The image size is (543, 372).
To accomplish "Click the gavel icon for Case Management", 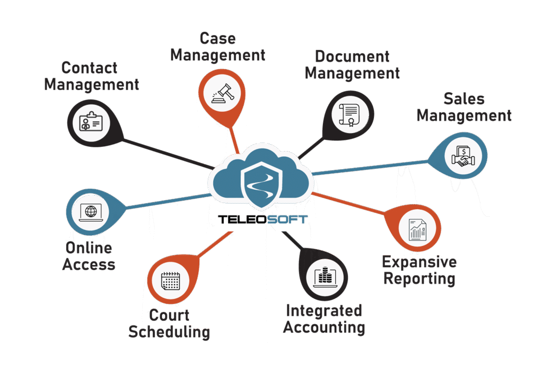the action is [222, 93].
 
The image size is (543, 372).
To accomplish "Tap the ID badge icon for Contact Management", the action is [91, 121].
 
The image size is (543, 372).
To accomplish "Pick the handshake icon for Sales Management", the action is [463, 157].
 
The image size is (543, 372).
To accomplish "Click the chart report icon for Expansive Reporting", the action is [417, 230].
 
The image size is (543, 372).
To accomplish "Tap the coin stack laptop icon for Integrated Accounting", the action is [325, 277].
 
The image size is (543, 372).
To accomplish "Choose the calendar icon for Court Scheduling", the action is [170, 281].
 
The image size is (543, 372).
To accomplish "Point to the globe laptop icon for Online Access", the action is [91, 212].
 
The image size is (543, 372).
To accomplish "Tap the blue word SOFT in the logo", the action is [287, 219].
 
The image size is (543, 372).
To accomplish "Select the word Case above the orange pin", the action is [218, 38].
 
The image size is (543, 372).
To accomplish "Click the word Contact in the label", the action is [89, 68].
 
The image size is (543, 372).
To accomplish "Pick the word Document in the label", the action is [352, 56].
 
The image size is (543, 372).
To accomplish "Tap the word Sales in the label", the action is [464, 99].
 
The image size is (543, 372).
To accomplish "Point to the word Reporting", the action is [419, 279].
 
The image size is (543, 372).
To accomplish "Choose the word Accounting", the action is [324, 327].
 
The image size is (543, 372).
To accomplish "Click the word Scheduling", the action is [169, 332].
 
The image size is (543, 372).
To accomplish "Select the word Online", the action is [89, 248].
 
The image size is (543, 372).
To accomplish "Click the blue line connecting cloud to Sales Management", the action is [370, 168].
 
